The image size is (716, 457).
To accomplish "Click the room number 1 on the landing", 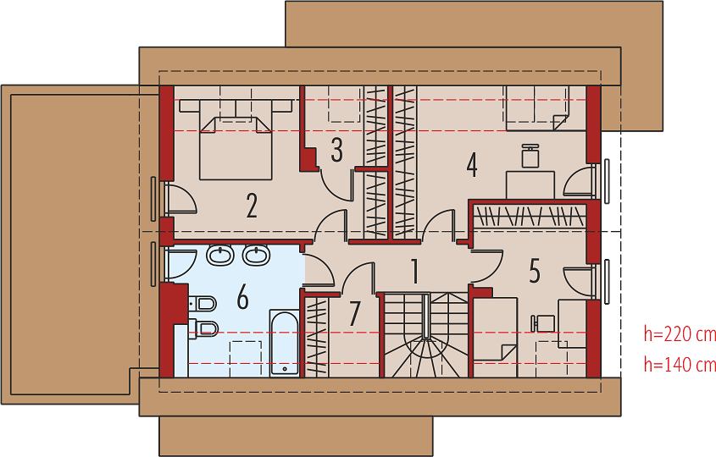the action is coord(414,271).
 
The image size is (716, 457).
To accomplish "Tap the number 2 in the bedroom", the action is coord(252,206).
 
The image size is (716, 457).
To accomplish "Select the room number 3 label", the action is coord(337,150).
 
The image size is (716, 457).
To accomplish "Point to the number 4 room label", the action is coord(472,165).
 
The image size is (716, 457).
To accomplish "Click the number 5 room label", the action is coord(535,271).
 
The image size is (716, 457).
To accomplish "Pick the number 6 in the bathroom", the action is coord(243,296).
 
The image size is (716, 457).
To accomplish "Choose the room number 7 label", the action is coord(355,314).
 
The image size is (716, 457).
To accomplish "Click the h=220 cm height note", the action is coord(680,334).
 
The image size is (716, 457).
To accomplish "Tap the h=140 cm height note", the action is coord(680,364).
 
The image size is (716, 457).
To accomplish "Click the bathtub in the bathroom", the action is coord(284,343).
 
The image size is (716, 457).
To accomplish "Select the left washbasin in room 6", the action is coord(220,255).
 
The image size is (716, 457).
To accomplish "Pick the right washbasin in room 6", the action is coord(256,255).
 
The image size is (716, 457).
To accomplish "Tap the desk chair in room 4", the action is coord(530,156).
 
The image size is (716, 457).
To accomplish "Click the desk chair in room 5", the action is coord(543,323).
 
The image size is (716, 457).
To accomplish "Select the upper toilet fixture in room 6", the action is coord(203,303).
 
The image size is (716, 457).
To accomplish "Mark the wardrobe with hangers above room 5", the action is coord(530,216).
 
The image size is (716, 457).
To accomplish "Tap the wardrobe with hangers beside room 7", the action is coord(316,337).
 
